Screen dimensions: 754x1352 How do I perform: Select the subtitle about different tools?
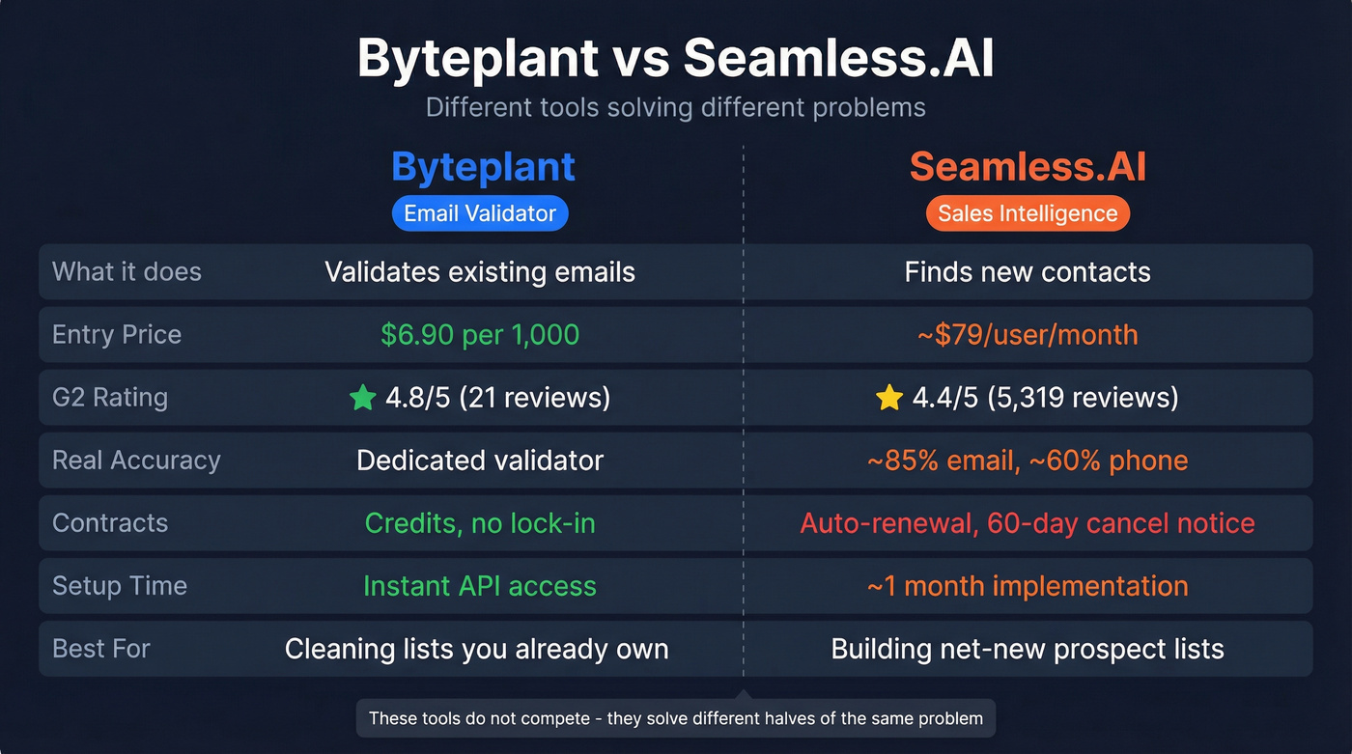675,107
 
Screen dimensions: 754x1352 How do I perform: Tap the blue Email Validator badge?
480,213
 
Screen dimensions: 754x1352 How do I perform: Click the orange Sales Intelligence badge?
1028,213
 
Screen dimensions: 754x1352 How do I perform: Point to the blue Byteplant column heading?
483,167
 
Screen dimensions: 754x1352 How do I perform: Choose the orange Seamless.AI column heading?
1028,167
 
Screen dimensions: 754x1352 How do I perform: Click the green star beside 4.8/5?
362,398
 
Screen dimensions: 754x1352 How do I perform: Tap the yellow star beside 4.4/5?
888,398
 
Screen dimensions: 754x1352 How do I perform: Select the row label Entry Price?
117,335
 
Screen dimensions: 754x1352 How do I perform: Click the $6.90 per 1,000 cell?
480,335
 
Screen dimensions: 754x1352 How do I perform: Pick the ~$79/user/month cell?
1028,335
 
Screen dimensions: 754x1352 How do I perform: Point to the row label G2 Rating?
110,398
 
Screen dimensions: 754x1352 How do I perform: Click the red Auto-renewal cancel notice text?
1028,523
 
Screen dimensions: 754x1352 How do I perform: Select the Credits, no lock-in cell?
480,523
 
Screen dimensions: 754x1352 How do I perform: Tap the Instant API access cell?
480,586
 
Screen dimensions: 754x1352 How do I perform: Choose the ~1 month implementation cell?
1028,586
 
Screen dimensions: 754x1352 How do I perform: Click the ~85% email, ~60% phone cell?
1028,461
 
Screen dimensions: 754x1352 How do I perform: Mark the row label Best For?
101,649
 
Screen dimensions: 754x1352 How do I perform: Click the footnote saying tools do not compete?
675,718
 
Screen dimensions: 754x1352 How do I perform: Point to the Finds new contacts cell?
1028,272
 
